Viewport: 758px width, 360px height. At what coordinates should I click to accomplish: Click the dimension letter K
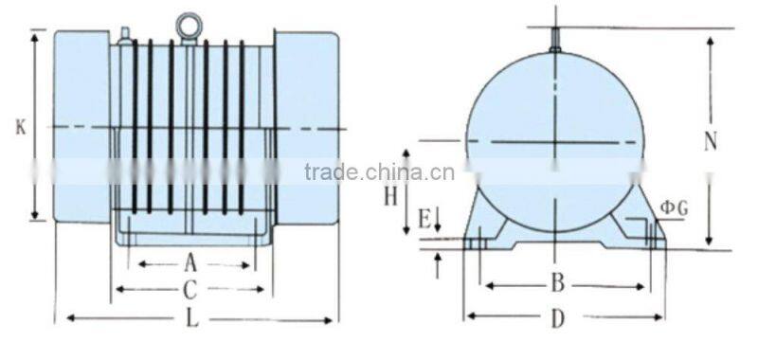pos(20,126)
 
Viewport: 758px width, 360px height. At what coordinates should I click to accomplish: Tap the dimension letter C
pos(190,288)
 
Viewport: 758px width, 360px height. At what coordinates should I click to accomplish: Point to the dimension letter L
pos(192,319)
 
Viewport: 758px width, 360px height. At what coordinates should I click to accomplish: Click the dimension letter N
pos(711,141)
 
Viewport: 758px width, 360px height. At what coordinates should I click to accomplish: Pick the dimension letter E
pos(424,221)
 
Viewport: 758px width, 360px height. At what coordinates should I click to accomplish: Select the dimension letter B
pos(558,282)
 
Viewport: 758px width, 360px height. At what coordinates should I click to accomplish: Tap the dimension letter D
pos(558,318)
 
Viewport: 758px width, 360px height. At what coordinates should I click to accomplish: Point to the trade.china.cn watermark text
pos(379,172)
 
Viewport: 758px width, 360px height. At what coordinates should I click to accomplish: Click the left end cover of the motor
pos(81,126)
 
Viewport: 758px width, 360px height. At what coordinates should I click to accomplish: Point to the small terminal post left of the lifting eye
pos(124,35)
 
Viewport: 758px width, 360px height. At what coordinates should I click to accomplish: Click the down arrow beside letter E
pos(438,224)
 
